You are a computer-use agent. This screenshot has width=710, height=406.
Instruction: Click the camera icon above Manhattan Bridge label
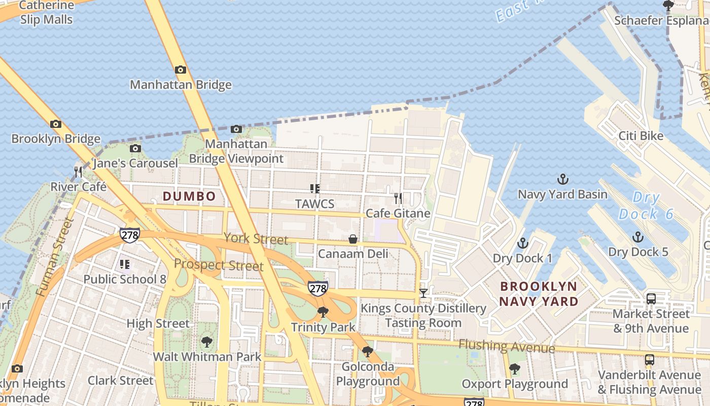180,70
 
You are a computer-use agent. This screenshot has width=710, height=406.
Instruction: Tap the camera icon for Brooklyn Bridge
56,124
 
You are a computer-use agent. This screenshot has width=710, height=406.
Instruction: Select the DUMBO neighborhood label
189,196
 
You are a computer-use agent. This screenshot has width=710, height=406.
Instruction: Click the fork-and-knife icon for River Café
78,172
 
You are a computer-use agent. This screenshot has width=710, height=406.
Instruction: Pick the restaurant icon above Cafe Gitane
398,198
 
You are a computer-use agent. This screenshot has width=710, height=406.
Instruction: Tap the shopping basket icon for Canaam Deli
352,239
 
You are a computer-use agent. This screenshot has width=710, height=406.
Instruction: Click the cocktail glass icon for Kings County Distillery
423,293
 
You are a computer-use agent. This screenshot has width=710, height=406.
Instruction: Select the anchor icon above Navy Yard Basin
562,179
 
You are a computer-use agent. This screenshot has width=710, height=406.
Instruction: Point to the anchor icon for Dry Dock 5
637,237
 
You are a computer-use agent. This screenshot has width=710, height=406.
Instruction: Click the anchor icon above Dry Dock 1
522,244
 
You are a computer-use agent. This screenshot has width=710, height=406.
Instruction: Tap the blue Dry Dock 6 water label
646,206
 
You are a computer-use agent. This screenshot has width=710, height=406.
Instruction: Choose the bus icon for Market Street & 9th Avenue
651,299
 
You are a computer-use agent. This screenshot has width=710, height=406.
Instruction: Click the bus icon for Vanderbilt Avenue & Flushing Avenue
649,360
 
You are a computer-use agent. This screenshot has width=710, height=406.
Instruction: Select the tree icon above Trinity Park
323,312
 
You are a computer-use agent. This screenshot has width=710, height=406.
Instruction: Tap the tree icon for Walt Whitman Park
206,342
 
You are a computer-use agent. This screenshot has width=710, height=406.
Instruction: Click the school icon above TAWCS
314,189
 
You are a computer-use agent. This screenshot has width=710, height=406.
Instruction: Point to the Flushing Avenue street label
507,347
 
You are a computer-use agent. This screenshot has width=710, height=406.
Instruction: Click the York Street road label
256,239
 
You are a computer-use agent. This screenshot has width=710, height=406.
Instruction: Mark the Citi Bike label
641,136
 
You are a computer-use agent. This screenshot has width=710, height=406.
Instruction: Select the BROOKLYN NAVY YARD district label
538,294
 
